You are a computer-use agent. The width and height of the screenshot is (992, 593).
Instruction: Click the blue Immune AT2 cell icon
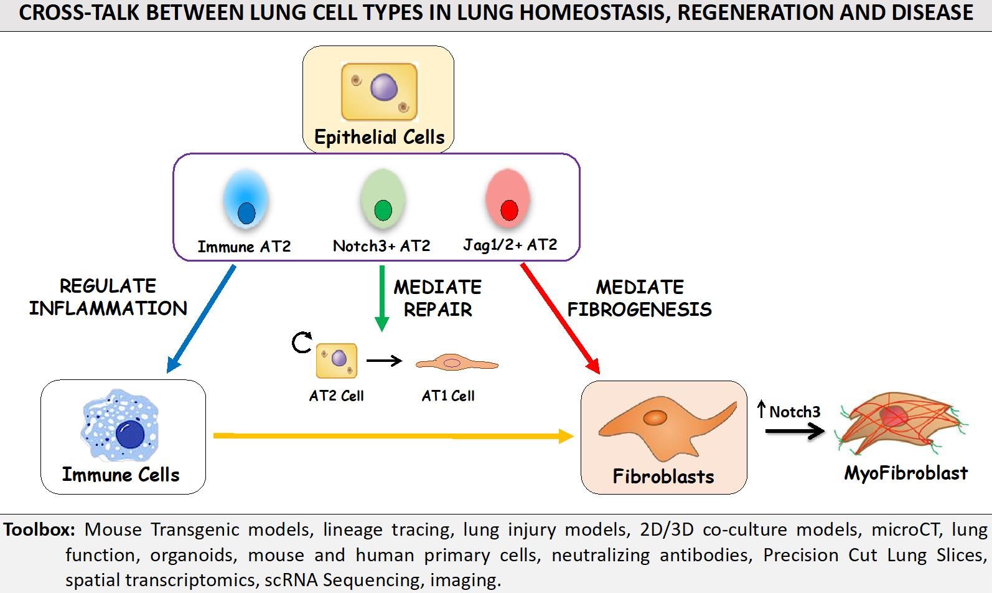coord(246,199)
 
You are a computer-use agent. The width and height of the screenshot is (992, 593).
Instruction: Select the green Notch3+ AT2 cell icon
coord(383,199)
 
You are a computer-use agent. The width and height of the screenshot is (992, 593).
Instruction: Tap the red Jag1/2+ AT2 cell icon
coord(508,199)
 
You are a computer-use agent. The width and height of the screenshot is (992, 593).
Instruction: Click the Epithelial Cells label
coord(379,137)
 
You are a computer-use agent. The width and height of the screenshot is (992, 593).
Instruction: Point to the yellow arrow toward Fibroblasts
coord(394,436)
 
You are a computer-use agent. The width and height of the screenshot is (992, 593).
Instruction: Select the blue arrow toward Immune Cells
coord(200,319)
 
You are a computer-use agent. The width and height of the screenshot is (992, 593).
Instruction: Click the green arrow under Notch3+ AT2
coord(381,298)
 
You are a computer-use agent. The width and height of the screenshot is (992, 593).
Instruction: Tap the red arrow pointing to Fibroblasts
coord(560,319)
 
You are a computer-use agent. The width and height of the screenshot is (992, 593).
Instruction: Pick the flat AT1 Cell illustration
coord(457,363)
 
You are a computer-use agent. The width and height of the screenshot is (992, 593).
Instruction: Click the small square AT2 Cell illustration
coord(336,360)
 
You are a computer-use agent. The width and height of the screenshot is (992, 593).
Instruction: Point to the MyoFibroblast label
coord(905,473)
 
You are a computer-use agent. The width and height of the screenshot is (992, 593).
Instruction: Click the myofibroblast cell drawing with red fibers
coord(901,423)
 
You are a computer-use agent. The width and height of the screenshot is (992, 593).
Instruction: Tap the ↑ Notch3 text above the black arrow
coord(788,411)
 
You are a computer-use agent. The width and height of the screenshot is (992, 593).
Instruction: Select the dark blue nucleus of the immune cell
coord(130,434)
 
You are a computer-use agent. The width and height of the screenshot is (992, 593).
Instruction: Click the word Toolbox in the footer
coord(39,529)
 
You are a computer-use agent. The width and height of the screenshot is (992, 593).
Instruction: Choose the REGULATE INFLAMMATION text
coord(108,297)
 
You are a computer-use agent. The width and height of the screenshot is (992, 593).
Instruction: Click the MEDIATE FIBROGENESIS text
coord(640,298)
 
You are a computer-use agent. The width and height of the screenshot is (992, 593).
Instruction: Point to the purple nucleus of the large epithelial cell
coord(383,87)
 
